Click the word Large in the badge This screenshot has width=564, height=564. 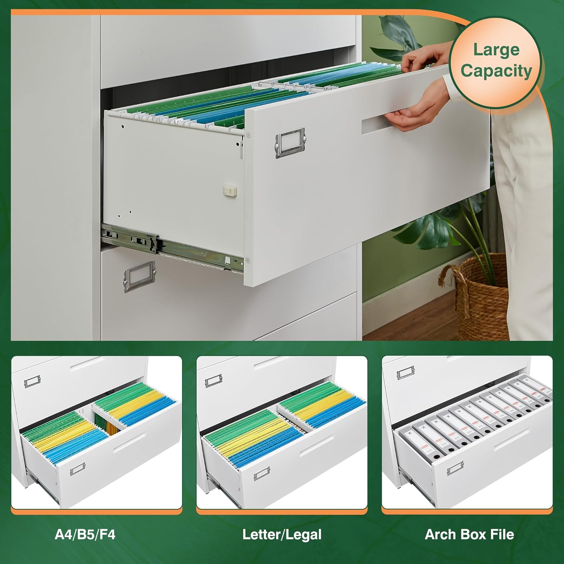pos(496,50)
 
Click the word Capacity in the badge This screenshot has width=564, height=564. pos(496,71)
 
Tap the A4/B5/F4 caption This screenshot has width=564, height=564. pos(85,534)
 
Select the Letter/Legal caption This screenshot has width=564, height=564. pos(282,534)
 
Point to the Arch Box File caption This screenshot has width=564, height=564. pos(469,534)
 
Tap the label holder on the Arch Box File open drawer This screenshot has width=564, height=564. pos(455,469)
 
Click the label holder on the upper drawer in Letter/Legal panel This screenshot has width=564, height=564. pos(214,381)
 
